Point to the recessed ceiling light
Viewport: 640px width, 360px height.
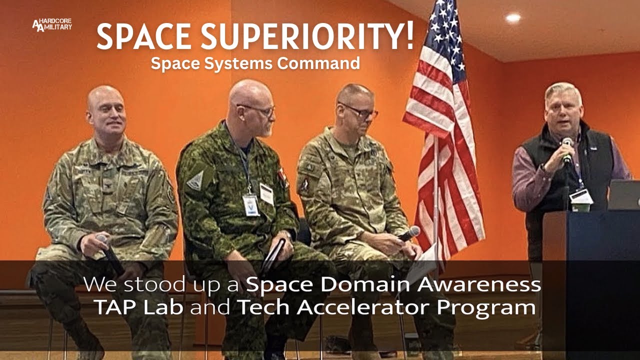click(x=513, y=18)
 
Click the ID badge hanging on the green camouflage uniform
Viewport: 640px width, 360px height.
click(x=251, y=204)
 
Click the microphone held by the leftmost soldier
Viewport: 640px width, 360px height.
click(x=111, y=254)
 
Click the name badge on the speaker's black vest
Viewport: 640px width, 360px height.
click(x=581, y=196)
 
